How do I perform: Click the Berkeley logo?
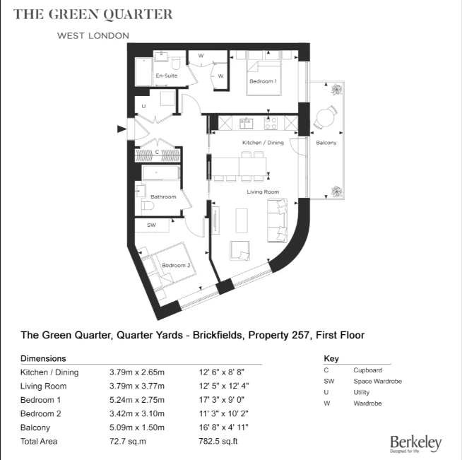click(x=415, y=444)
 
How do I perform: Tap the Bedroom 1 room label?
click(x=262, y=81)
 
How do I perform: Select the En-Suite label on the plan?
click(x=166, y=76)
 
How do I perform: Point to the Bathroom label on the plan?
click(x=163, y=196)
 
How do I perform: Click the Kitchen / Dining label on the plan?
click(x=263, y=143)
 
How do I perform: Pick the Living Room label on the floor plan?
click(x=263, y=191)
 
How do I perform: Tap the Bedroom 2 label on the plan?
click(x=176, y=266)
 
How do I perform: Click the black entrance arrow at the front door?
click(x=122, y=129)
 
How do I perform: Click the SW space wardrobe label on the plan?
click(x=151, y=225)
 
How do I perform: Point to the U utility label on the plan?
click(x=143, y=107)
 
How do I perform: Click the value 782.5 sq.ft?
click(x=218, y=441)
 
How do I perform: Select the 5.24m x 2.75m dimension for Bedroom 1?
click(x=136, y=400)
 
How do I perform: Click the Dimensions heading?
click(x=43, y=358)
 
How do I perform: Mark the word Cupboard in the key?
click(x=367, y=370)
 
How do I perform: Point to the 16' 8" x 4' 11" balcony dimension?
click(x=225, y=427)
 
